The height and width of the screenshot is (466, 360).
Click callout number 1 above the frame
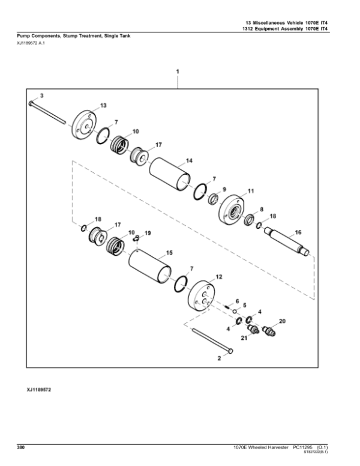click(x=178, y=71)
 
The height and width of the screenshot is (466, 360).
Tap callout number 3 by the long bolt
click(x=41, y=95)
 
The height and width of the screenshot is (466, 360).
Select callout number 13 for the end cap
click(x=103, y=105)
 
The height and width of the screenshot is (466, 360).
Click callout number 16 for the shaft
click(x=298, y=231)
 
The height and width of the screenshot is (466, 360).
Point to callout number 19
click(x=148, y=232)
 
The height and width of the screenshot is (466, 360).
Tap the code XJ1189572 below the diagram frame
click(x=40, y=390)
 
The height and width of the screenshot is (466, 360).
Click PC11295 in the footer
click(x=302, y=446)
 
